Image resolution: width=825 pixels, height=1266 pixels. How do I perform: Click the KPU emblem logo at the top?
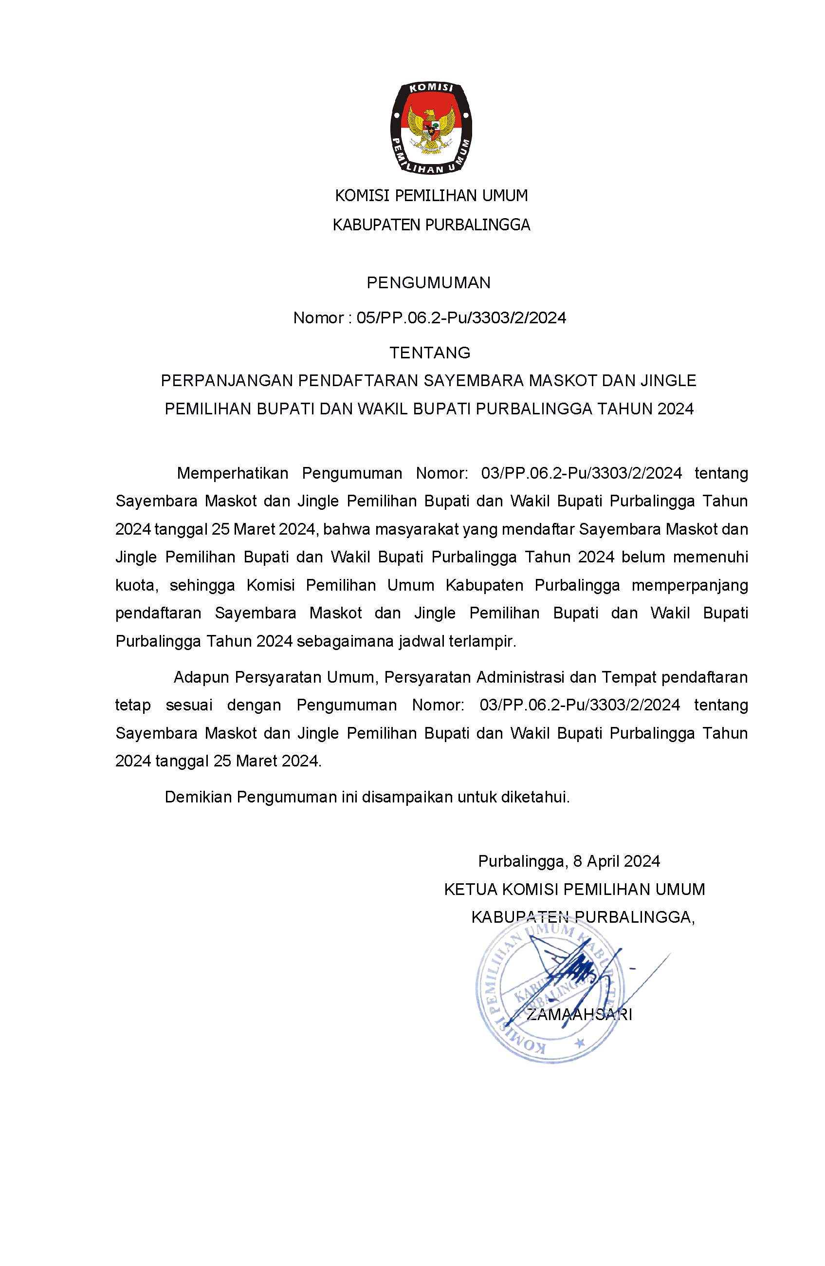tap(431, 128)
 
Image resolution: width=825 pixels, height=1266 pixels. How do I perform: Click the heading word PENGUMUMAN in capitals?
tap(428, 282)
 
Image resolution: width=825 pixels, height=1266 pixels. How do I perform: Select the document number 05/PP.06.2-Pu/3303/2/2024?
tap(461, 317)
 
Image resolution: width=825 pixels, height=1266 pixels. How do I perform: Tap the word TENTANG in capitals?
tap(429, 353)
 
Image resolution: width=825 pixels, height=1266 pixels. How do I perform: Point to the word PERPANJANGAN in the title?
tap(227, 380)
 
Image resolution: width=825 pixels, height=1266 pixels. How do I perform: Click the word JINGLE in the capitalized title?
tap(668, 380)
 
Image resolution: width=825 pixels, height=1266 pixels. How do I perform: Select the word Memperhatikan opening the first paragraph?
tap(232, 473)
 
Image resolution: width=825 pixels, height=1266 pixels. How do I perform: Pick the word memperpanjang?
tap(690, 585)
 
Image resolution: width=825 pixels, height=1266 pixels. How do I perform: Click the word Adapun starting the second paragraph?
tap(202, 677)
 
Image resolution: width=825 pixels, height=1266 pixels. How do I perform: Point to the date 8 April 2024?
tap(616, 861)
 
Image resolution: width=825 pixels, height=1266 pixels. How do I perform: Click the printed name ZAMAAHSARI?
tap(579, 1015)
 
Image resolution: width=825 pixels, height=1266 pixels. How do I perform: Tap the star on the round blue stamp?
tap(580, 1043)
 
